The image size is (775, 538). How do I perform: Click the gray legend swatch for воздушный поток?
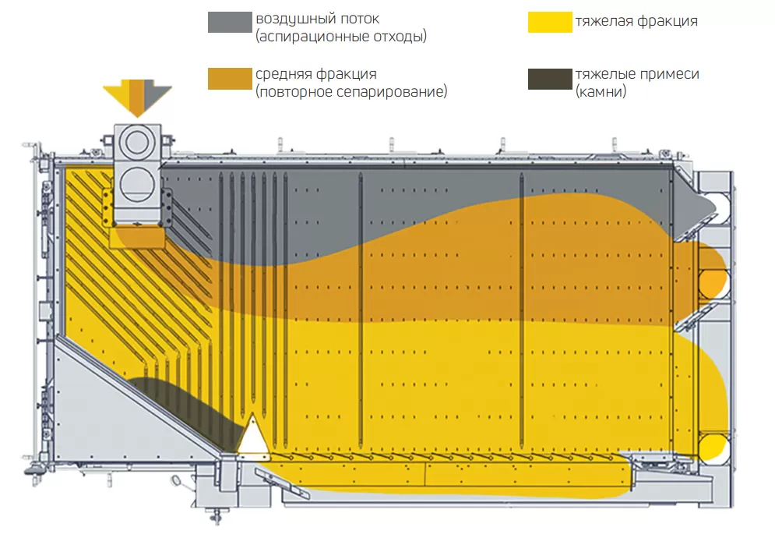point(231,22)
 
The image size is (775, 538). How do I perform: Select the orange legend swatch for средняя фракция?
point(231,79)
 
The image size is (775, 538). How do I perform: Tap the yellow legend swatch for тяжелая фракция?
point(550,22)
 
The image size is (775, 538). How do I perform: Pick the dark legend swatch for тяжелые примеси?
point(550,79)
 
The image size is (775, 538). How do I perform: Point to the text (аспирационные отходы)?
point(341,37)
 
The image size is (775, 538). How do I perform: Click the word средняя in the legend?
point(282,75)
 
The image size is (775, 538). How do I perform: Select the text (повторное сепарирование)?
point(351,92)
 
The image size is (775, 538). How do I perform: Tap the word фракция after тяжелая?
point(666,21)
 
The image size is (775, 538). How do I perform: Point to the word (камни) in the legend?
point(601,92)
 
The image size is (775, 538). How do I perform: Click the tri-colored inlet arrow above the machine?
point(136,95)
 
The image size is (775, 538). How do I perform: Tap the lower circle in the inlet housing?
point(137,184)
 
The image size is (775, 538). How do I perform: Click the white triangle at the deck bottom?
point(253,437)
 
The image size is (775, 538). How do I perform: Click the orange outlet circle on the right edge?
point(713,280)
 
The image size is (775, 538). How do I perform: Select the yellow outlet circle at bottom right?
point(713,448)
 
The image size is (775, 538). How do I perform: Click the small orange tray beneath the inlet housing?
point(137,237)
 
